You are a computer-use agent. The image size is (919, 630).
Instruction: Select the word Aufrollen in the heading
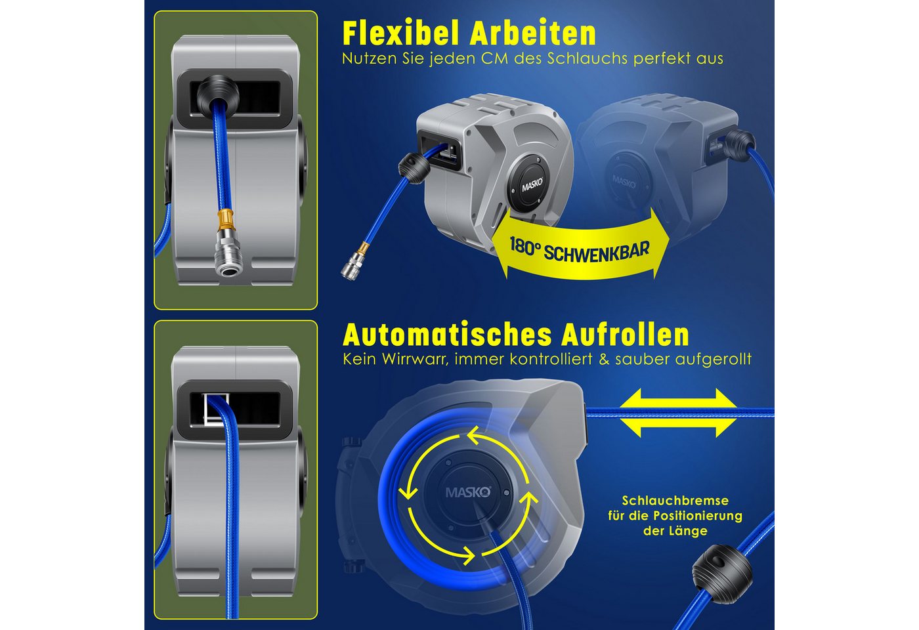(625, 335)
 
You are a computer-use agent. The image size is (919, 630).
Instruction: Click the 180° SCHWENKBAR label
(579, 249)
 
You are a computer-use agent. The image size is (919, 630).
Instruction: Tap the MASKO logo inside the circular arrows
(467, 492)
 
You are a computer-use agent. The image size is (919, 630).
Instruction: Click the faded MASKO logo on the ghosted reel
(624, 180)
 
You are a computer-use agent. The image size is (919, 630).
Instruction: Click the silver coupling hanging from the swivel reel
(351, 265)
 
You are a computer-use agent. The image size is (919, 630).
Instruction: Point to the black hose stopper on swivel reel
(414, 168)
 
